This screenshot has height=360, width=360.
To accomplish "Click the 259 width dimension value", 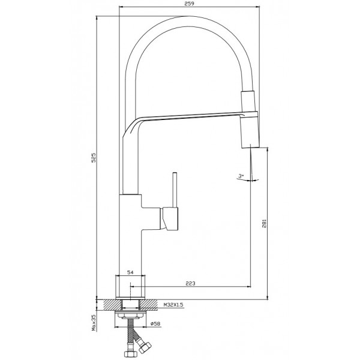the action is (x=189, y=4).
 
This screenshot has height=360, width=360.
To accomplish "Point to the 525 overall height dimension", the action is (x=93, y=157).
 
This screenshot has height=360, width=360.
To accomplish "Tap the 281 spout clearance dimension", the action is (x=264, y=223).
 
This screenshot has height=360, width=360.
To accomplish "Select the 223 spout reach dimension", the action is (x=190, y=283).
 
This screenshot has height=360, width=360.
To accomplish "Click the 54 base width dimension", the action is (x=130, y=272).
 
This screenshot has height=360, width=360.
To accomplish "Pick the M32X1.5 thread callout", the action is (x=173, y=305).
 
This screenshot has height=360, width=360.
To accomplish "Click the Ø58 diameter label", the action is (x=155, y=324).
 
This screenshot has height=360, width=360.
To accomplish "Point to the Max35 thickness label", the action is (x=94, y=323).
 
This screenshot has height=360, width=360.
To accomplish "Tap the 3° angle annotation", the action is (x=241, y=176).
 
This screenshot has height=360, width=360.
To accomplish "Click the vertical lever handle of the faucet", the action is (x=175, y=190).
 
